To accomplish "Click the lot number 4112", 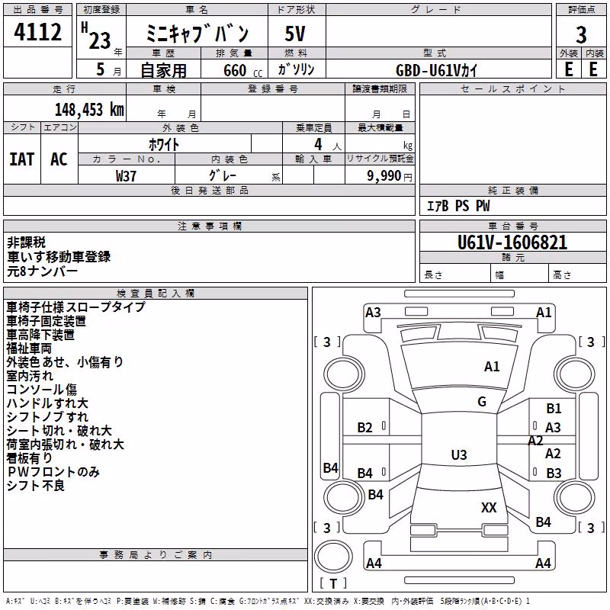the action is tap(37, 32).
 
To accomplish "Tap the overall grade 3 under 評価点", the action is tap(581, 35).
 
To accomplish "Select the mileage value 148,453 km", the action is tap(89, 110).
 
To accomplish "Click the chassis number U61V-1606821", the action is tap(512, 242).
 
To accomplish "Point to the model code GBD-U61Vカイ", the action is tap(436, 70).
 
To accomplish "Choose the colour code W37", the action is tap(126, 176).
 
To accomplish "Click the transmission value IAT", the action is tap(22, 159).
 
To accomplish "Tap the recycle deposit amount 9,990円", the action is tap(390, 176).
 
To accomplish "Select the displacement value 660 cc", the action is tap(242, 71).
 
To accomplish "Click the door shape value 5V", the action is tap(295, 34).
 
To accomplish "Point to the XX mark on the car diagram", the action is tap(489, 507).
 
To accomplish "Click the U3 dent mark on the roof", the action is tap(459, 454).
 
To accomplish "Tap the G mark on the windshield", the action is tap(482, 402).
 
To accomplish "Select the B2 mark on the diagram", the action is tap(364, 428).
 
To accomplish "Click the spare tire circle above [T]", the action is tap(333, 557).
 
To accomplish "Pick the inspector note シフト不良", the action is tap(36, 486).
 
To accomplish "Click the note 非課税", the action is tap(27, 242).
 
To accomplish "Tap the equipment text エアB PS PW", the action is tap(458, 206).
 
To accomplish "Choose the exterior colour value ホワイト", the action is tap(164, 145).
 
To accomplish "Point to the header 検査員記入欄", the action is tap(156, 294).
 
